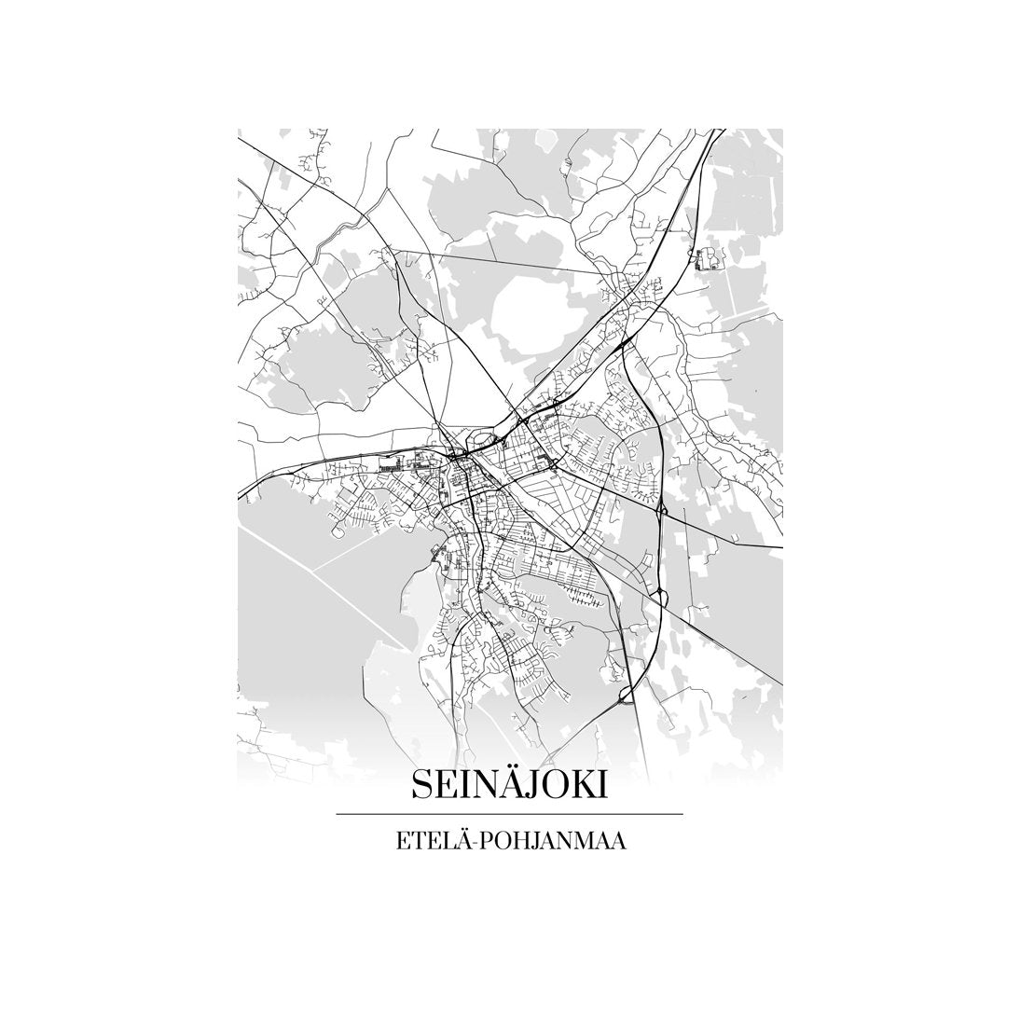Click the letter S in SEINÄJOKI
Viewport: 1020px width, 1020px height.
coord(421,785)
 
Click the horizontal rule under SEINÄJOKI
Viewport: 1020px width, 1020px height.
coord(509,814)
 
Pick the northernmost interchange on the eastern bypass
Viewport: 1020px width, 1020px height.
coord(660,509)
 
